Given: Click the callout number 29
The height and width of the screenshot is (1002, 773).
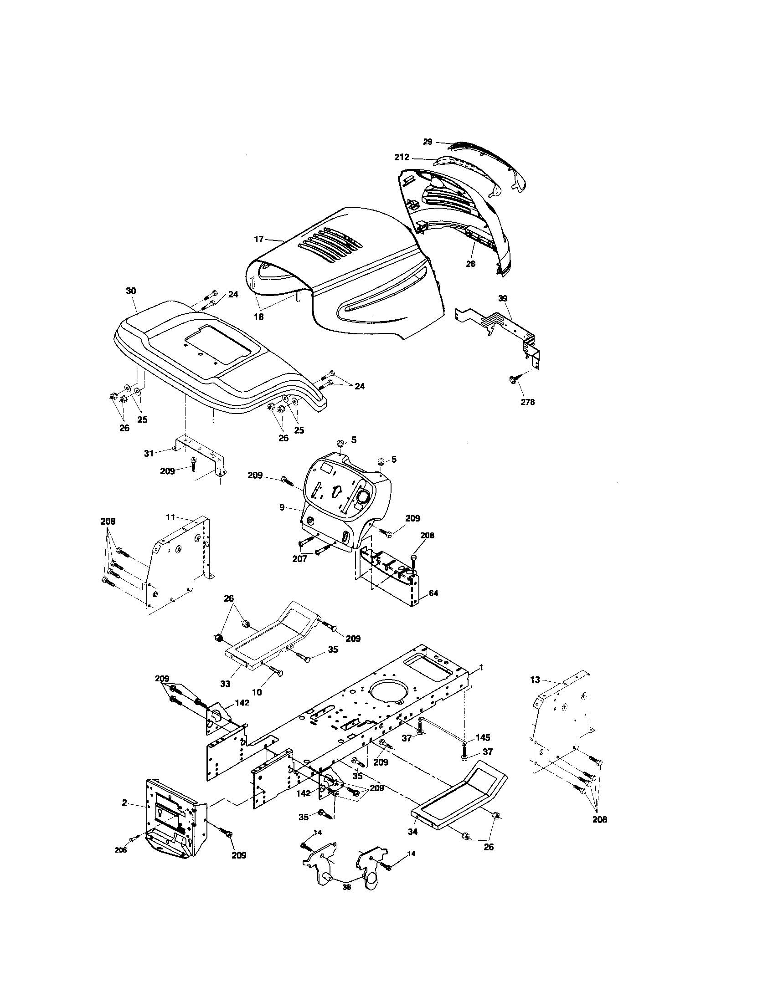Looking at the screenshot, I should coord(428,142).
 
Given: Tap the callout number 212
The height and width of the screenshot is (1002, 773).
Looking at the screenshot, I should coord(402,158).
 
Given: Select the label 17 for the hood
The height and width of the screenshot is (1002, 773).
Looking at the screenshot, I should coord(259,239).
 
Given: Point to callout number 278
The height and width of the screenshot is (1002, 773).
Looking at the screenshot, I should coord(528,402).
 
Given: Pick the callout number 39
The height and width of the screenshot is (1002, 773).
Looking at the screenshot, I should coord(503,298).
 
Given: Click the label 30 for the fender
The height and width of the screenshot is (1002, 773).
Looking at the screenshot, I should coord(131,291).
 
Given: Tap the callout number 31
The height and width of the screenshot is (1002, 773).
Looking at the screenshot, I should coord(149,453).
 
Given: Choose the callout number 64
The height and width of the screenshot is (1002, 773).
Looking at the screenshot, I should coord(433,593).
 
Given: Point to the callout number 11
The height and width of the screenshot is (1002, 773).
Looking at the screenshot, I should coord(170,517).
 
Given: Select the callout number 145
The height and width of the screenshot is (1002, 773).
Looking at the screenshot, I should coord(483,738).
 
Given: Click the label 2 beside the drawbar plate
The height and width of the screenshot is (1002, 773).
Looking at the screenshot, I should coord(124,803).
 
